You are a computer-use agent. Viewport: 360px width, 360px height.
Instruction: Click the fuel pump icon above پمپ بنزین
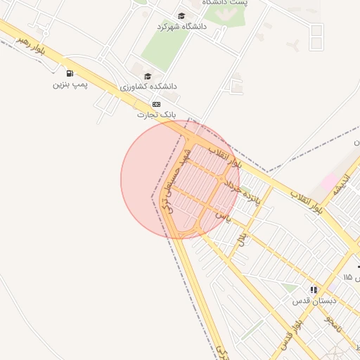pos(69,74)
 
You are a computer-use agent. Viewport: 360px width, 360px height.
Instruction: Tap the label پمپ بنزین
pos(70,84)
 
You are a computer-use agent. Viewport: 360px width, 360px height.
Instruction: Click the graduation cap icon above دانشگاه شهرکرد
pos(181,15)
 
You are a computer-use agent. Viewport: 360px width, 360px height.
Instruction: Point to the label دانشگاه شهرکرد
pos(183,26)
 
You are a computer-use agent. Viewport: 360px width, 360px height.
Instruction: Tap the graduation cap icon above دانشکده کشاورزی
pos(148,76)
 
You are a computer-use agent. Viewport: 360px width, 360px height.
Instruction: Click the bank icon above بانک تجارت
pos(156,103)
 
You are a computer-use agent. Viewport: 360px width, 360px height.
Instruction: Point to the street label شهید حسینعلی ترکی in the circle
pos(176,181)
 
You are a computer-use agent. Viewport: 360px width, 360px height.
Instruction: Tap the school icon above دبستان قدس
pos(314,290)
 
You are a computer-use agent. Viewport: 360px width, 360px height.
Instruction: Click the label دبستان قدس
pos(314,300)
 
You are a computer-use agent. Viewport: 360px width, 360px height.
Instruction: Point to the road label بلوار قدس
pos(292,334)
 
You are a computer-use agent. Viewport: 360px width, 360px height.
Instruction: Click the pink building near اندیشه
pos(329,181)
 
